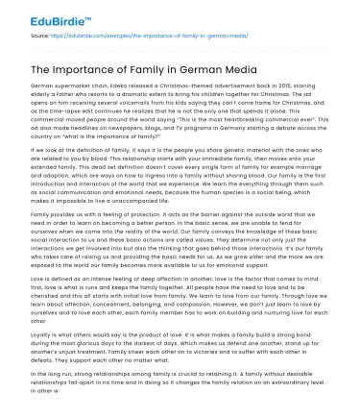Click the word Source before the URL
click(40, 35)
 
